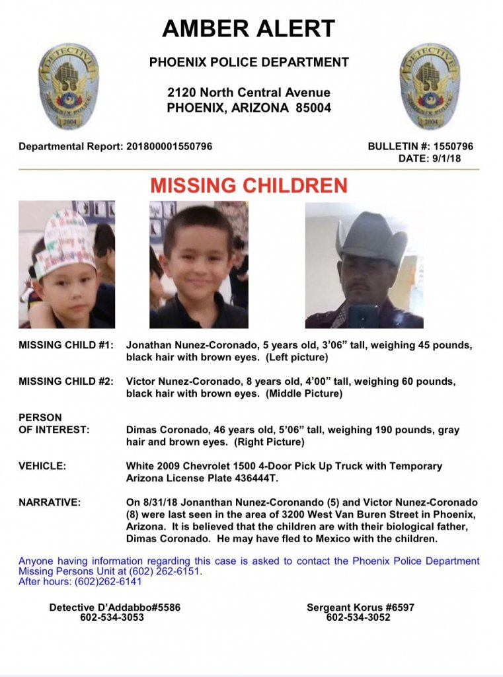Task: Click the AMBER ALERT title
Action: coord(249,28)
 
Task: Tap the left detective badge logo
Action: coord(68,86)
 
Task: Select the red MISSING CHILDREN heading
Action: coord(249,186)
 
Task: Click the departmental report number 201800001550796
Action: coord(169,146)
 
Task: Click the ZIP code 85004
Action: coord(310,108)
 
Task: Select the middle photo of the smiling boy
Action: coord(198,264)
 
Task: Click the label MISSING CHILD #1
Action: coord(66,345)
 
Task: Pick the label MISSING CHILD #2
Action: coord(66,381)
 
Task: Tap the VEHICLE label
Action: coord(42,466)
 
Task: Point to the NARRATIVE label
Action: coord(50,502)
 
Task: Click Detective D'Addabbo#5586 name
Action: coord(115,607)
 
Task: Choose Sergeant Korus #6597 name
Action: coord(360,607)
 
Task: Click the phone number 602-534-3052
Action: coord(358,617)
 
